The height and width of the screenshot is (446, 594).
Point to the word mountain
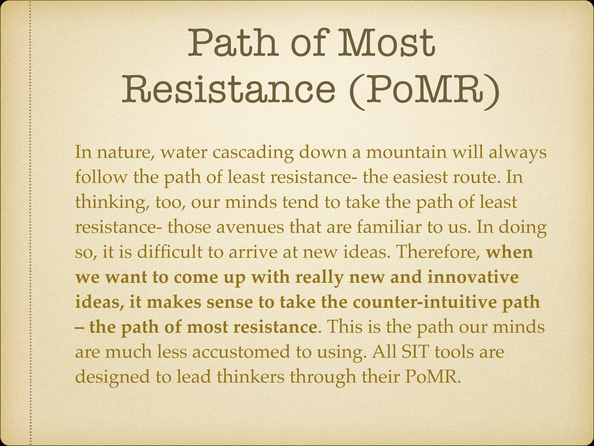pos(406,153)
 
